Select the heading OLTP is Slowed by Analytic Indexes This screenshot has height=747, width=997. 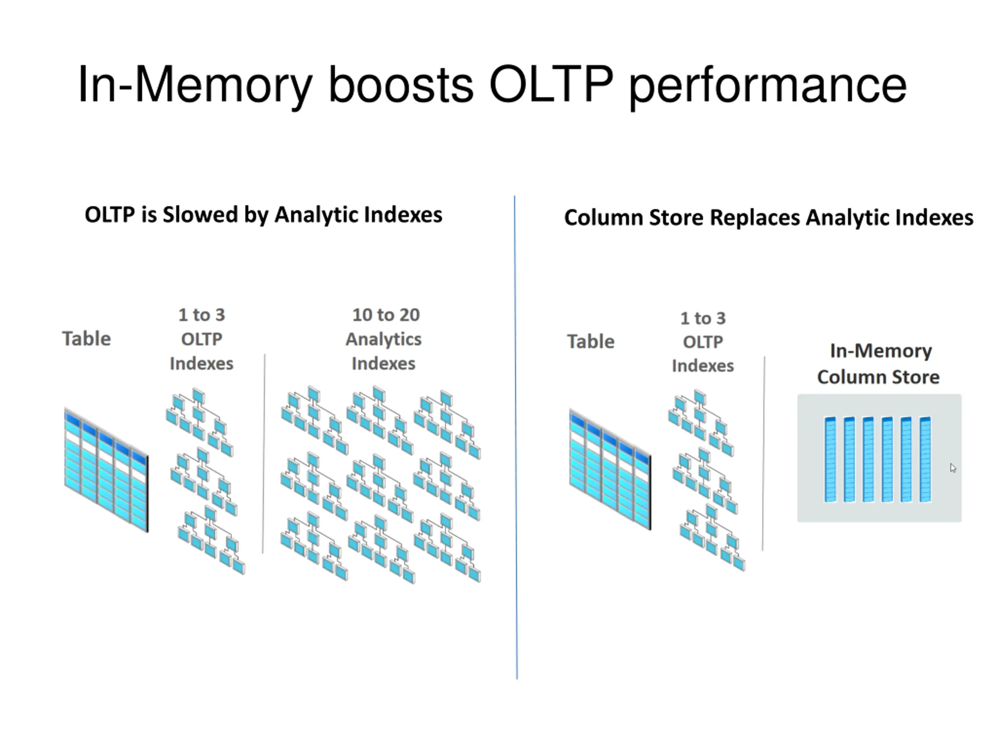[264, 215]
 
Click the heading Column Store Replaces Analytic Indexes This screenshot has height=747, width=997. [768, 218]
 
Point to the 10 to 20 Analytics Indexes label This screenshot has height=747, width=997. [384, 338]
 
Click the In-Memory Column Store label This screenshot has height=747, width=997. [879, 364]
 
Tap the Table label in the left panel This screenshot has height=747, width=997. [86, 338]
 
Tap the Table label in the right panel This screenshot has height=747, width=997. [590, 341]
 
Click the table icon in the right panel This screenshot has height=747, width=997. [610, 469]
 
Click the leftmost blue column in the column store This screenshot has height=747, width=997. [830, 459]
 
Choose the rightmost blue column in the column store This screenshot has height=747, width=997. [925, 459]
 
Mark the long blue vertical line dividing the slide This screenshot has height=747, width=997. [516, 437]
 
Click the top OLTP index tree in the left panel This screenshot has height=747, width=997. [200, 422]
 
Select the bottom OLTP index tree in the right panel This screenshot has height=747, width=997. [712, 538]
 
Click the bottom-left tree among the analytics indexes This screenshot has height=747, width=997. [314, 547]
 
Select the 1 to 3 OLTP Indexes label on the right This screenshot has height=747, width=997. [703, 342]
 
